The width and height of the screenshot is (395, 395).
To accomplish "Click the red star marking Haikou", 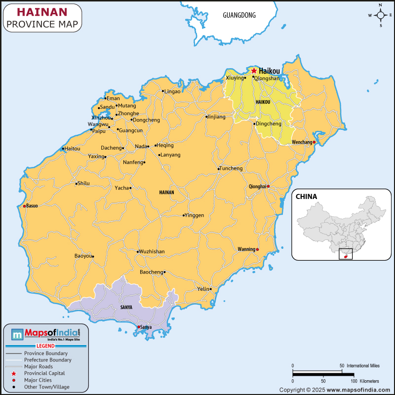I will [254, 71].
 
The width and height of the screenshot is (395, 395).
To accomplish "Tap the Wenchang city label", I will [302, 142].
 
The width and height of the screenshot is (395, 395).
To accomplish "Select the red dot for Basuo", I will [24, 206].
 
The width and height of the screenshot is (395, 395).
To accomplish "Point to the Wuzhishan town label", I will [152, 252].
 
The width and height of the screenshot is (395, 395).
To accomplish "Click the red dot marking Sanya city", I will [139, 327].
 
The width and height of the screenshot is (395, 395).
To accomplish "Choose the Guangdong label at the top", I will [239, 15].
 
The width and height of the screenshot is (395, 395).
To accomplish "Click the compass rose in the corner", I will [380, 15].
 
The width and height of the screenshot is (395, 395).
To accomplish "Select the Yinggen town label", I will [194, 215].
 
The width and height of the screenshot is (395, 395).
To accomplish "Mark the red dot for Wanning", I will [257, 249].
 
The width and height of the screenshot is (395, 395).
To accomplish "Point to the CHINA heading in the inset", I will [306, 197].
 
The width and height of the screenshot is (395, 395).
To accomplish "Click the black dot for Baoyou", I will [93, 256].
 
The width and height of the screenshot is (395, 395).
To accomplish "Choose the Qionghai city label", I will [257, 187].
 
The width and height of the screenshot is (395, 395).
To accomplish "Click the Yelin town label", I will [203, 289].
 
